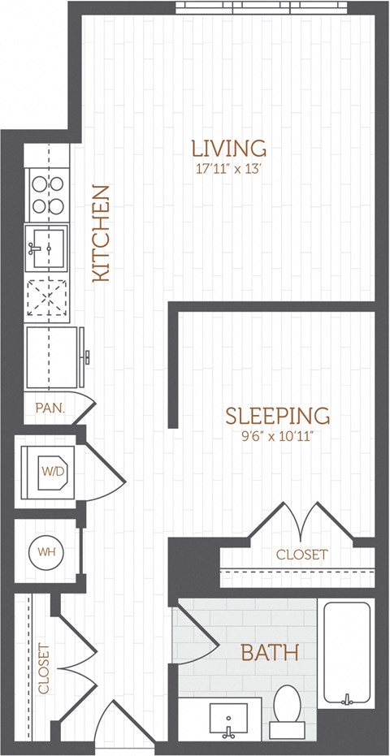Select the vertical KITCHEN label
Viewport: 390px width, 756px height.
[x=101, y=234]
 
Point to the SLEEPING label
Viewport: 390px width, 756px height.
[x=277, y=416]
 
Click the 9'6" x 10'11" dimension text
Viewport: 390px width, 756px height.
[x=277, y=436]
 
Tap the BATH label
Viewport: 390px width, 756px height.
[x=269, y=651]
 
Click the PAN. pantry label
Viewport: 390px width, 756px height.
[x=50, y=407]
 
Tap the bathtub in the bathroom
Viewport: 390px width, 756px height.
[x=349, y=654]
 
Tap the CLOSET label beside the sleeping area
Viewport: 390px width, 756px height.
[x=302, y=555]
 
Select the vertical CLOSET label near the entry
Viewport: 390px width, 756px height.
[x=43, y=670]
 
